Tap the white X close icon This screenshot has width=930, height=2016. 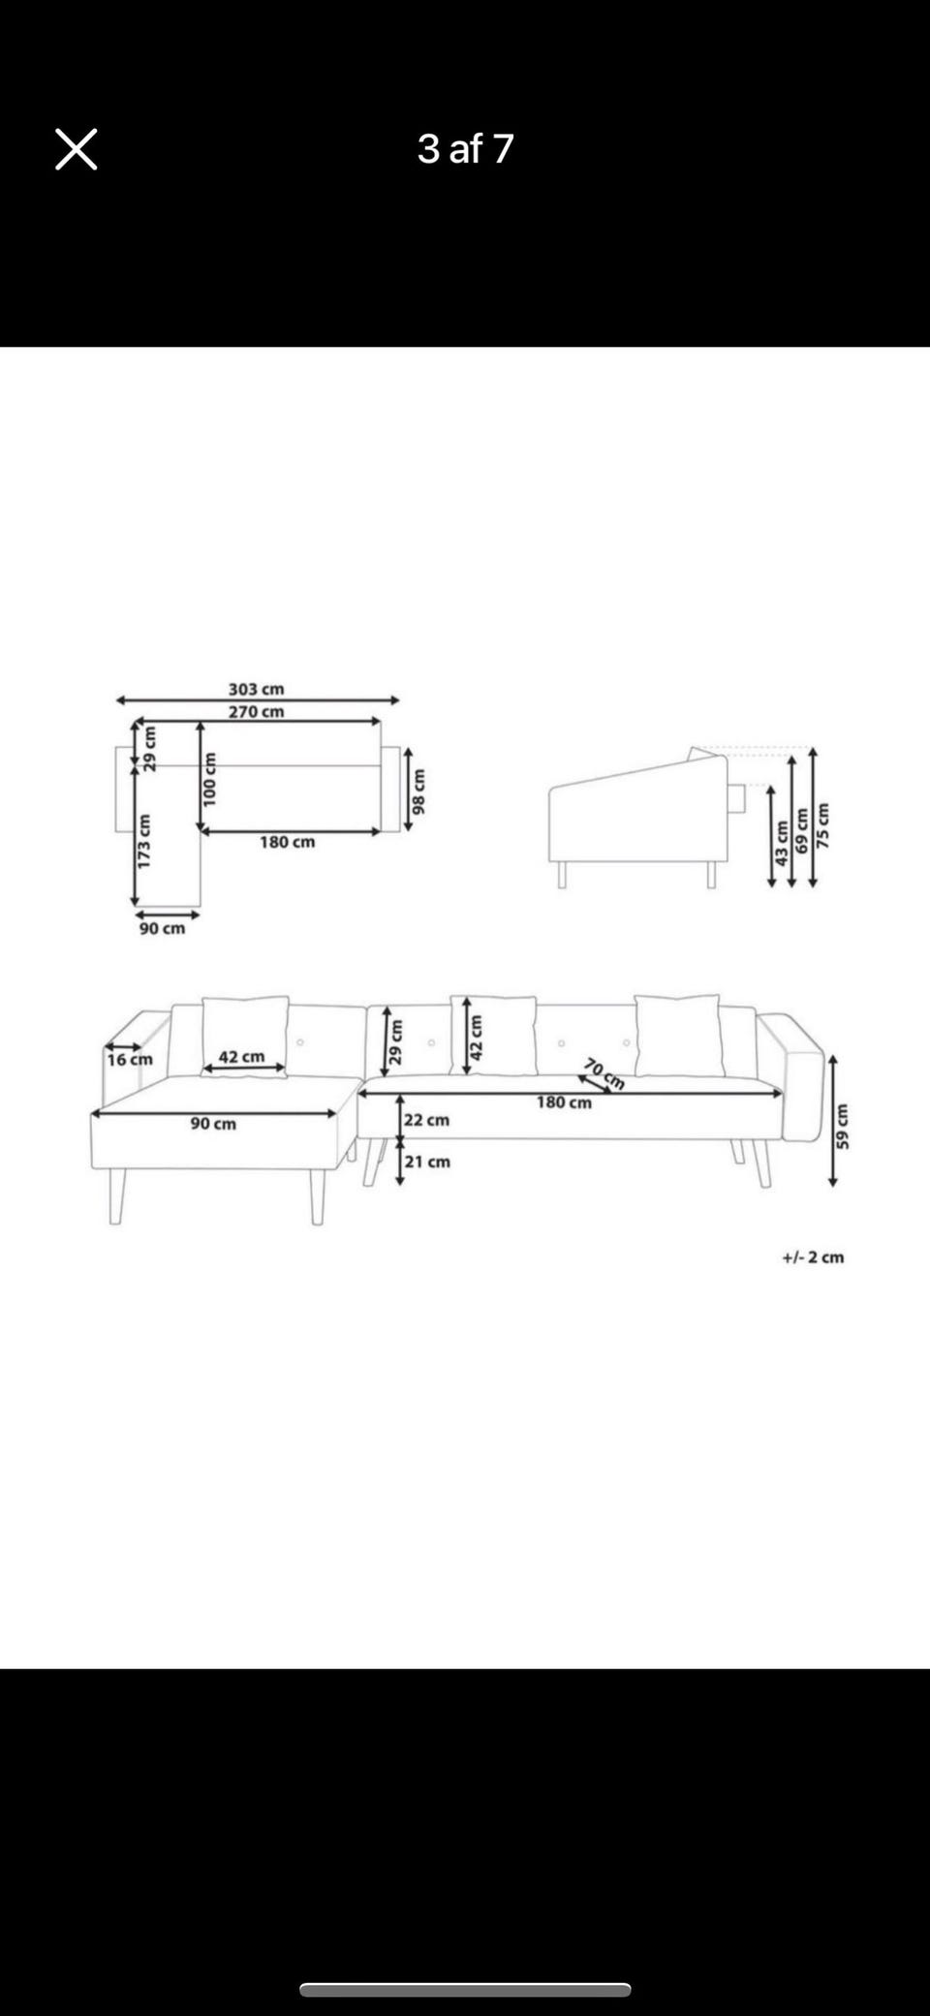coord(76,149)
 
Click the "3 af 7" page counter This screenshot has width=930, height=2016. coord(465,148)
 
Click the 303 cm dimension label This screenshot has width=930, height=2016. coord(257,689)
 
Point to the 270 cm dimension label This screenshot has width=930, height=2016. coord(257,711)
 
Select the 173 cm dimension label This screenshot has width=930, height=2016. coord(144,841)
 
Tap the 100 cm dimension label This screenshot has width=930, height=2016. coord(209,779)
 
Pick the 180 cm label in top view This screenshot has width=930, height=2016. coord(288,842)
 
